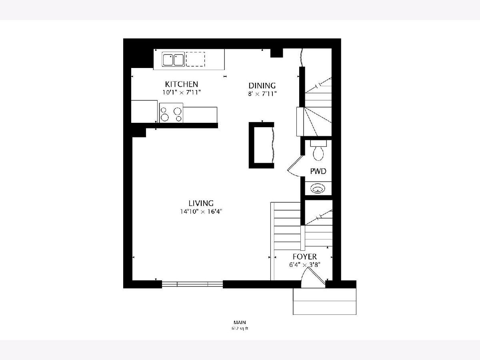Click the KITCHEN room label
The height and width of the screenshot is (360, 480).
pyautogui.click(x=182, y=84)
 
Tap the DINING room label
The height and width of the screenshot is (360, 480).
pyautogui.click(x=262, y=86)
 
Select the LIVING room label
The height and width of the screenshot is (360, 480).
pyautogui.click(x=201, y=203)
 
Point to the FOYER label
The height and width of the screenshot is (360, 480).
pyautogui.click(x=305, y=257)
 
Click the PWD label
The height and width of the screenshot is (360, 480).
pyautogui.click(x=318, y=171)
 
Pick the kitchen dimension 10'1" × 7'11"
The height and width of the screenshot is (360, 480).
pyautogui.click(x=182, y=92)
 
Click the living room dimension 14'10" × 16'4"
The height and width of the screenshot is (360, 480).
pyautogui.click(x=201, y=212)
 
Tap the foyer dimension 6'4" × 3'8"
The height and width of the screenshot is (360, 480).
pyautogui.click(x=305, y=265)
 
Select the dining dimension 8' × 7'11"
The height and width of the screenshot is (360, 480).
pyautogui.click(x=262, y=94)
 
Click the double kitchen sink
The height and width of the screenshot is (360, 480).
pyautogui.click(x=173, y=60)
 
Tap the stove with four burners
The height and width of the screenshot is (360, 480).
pyautogui.click(x=171, y=113)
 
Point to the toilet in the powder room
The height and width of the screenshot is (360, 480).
pyautogui.click(x=318, y=150)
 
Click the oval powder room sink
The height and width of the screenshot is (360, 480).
pyautogui.click(x=318, y=188)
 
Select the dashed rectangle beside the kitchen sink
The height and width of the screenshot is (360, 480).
pyautogui.click(x=195, y=59)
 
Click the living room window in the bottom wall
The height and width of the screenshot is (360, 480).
pyautogui.click(x=192, y=284)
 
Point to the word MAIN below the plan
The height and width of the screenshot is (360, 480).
pyautogui.click(x=240, y=322)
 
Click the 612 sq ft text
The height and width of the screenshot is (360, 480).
pyautogui.click(x=240, y=328)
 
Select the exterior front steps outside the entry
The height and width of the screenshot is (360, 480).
pyautogui.click(x=324, y=302)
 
